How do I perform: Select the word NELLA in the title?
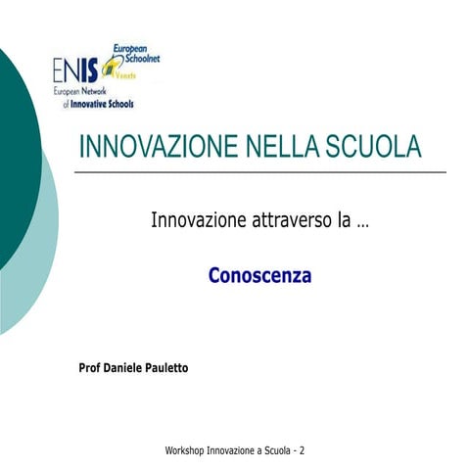point(276,147)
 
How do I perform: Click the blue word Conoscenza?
point(259,276)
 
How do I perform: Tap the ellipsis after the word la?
point(363,223)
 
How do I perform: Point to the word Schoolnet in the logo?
point(136,59)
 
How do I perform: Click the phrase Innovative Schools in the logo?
point(103,103)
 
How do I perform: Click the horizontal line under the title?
point(259,171)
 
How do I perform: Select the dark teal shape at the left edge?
point(15,147)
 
